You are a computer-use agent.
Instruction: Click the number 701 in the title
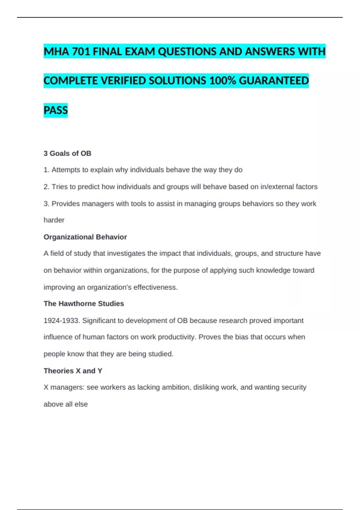[81, 52]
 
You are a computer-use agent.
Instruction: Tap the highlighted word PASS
[56, 110]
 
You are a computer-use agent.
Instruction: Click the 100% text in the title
[222, 81]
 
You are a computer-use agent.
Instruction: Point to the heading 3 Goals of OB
[67, 153]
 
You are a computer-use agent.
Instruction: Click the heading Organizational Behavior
[85, 237]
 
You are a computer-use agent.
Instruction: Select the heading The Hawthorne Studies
[84, 304]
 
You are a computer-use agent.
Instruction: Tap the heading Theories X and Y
[73, 371]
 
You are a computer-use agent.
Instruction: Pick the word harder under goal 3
[54, 220]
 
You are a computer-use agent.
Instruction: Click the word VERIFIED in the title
[123, 81]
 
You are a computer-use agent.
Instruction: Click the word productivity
[177, 337]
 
